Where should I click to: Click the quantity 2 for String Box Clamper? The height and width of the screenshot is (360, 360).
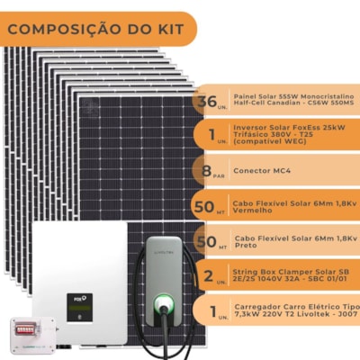[208, 276]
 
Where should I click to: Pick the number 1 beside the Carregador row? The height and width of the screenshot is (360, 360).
[209, 312]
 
